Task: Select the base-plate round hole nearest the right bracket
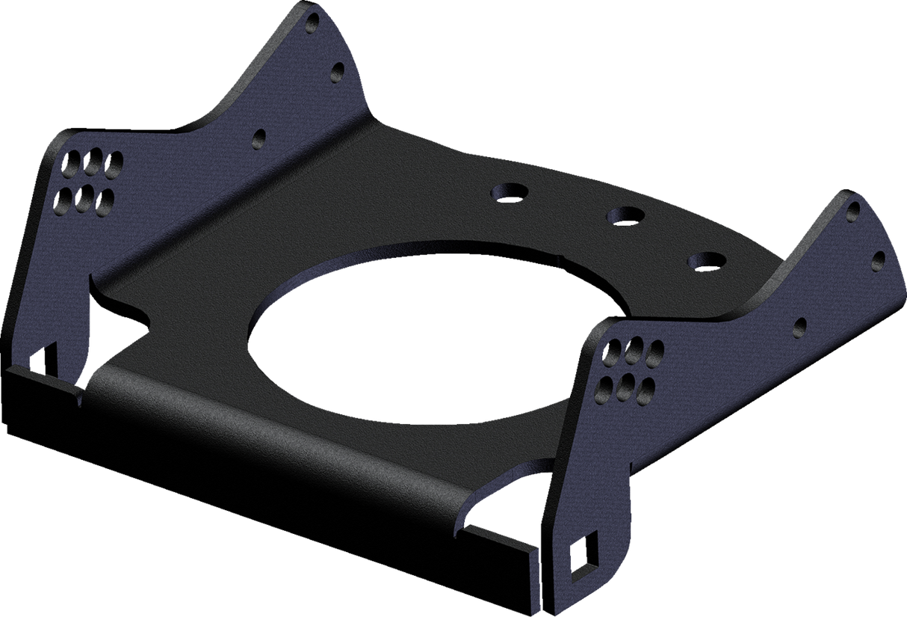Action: (x=707, y=260)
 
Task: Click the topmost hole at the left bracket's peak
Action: (x=312, y=25)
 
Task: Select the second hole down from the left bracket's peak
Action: (x=337, y=71)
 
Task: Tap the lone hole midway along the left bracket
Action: (x=259, y=138)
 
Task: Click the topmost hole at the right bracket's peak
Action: (x=852, y=212)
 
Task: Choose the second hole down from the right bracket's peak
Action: (x=879, y=259)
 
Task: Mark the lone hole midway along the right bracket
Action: (x=800, y=325)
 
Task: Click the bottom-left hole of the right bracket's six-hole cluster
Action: (x=605, y=385)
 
